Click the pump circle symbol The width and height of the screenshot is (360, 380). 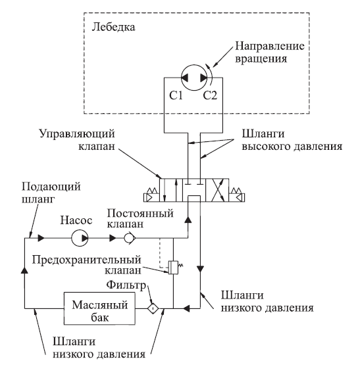[80, 238]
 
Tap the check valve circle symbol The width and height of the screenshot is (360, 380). [129, 238]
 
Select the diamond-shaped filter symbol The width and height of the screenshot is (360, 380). [153, 308]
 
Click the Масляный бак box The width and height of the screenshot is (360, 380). [99, 308]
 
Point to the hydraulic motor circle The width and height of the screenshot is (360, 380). [194, 78]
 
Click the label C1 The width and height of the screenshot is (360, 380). [176, 95]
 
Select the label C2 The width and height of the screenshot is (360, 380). [210, 95]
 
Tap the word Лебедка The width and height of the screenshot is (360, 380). [113, 27]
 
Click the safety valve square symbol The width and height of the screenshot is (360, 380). [173, 268]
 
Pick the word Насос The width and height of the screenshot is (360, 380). [76, 220]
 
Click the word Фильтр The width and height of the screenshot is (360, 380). [126, 285]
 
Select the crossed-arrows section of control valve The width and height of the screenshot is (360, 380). [217, 190]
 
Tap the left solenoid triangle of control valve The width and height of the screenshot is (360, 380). [149, 197]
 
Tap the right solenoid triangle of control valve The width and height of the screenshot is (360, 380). [240, 197]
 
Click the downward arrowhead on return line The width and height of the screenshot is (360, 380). [200, 269]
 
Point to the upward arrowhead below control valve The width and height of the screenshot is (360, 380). [188, 220]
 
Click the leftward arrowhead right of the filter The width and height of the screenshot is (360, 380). [186, 308]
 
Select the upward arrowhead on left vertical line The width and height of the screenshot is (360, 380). [24, 270]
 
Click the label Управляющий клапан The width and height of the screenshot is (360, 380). [77, 140]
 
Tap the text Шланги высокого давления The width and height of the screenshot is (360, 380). [292, 140]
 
